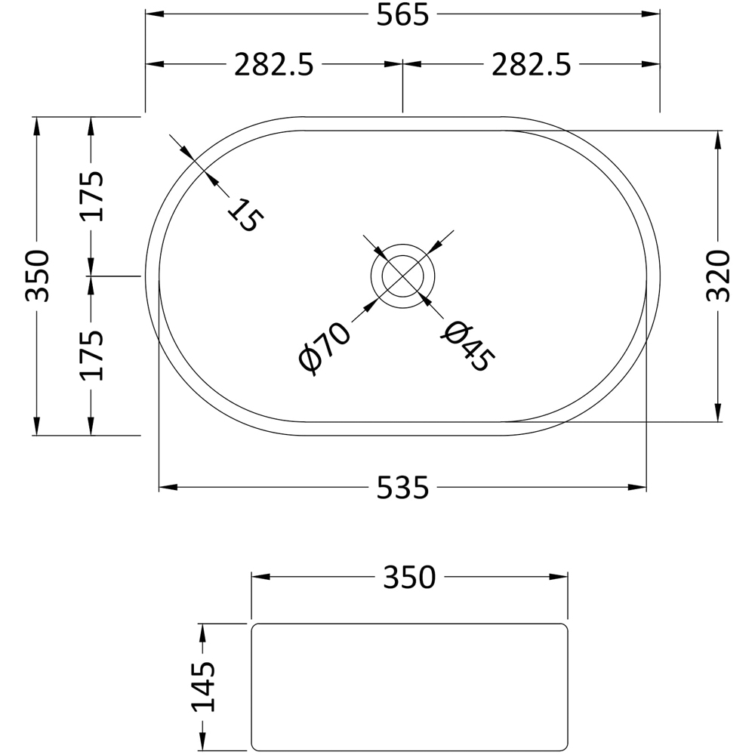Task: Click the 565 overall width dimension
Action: click(x=402, y=15)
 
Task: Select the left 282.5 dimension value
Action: click(x=273, y=65)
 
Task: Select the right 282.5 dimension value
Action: click(x=531, y=65)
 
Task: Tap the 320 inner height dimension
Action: click(x=719, y=276)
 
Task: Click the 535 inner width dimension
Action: click(x=402, y=488)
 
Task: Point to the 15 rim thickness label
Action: click(x=246, y=215)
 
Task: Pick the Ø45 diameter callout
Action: click(x=467, y=347)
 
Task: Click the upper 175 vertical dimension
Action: click(x=91, y=196)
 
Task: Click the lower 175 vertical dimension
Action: click(x=91, y=355)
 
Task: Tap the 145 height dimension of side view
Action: click(x=202, y=686)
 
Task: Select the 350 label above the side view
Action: click(x=409, y=578)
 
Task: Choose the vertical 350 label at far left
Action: click(x=36, y=276)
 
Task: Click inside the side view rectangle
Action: click(x=408, y=686)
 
